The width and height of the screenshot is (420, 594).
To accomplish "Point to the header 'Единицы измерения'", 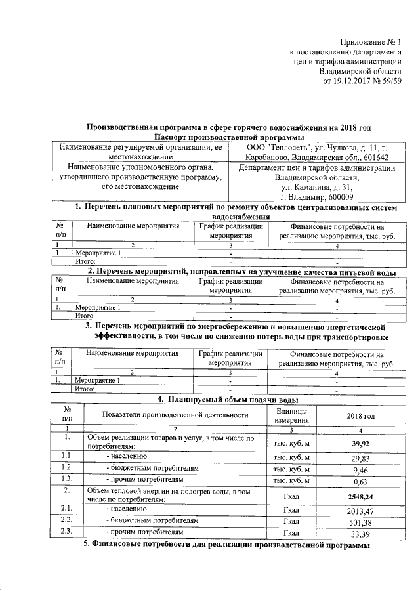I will pos(291,415).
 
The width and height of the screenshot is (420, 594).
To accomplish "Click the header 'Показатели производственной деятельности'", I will pos(175,415).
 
